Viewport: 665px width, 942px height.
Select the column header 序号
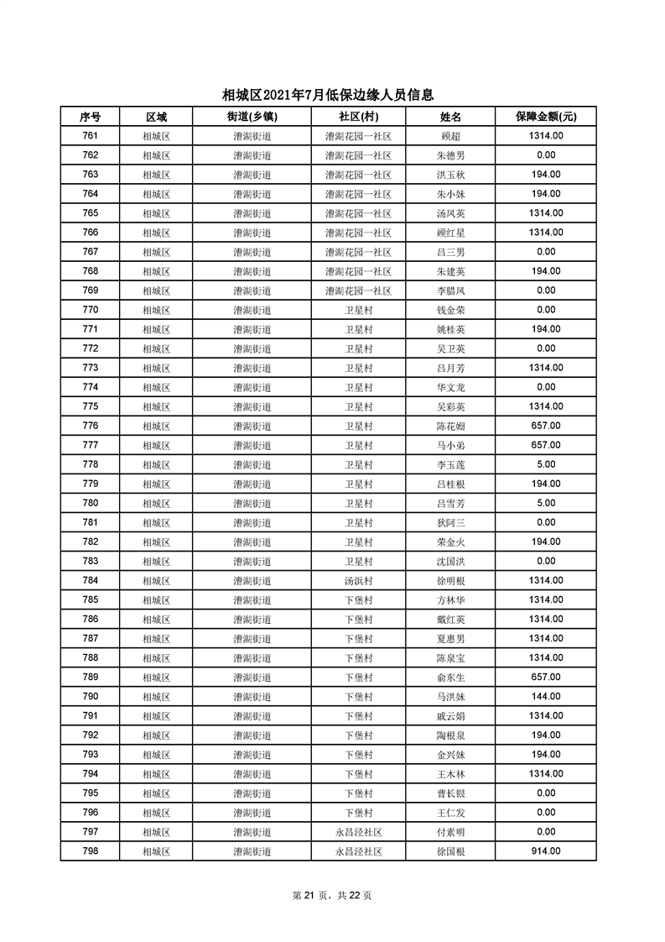point(91,117)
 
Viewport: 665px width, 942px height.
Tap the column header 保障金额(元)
point(546,117)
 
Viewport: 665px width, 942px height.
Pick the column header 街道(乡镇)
point(252,117)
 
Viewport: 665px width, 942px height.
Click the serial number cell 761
point(91,136)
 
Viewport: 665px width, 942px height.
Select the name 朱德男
point(450,155)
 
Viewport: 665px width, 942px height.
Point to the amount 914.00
point(546,851)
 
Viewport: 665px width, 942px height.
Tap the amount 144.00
point(546,697)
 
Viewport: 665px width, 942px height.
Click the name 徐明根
point(450,581)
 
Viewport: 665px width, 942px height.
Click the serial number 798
point(91,851)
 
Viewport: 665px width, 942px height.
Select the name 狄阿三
point(450,523)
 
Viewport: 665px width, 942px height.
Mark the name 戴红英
point(450,620)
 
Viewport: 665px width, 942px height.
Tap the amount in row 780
point(546,504)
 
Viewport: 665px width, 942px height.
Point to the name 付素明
point(450,832)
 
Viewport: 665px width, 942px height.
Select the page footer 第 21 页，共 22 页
point(332,896)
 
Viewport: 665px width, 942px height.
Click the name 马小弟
point(450,446)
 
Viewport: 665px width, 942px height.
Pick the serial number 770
point(91,310)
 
